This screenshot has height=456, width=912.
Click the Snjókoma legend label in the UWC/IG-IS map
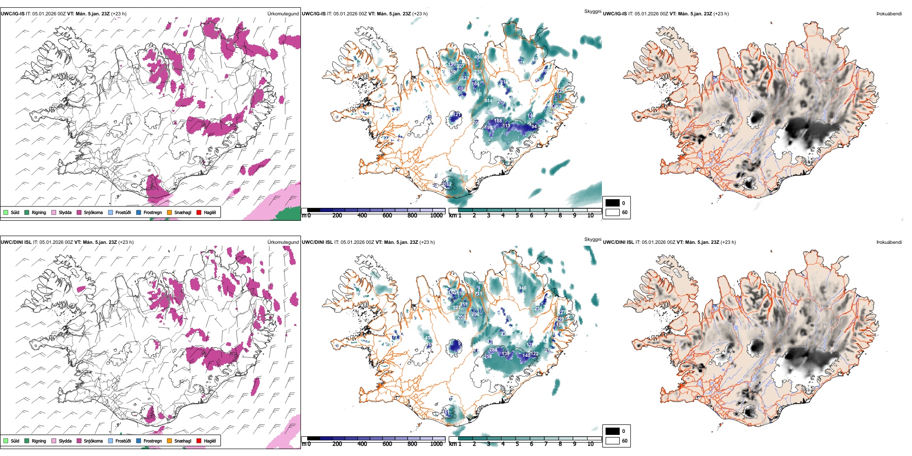coord(93,213)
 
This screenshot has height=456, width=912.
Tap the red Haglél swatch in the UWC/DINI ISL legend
coord(199,441)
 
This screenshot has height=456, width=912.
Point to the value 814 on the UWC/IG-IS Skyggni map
coord(488,101)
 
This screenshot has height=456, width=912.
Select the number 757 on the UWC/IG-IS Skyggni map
coord(478,72)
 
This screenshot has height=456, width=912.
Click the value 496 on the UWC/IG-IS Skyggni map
coord(478,57)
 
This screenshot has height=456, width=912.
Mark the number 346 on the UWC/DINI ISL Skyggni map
coord(522,288)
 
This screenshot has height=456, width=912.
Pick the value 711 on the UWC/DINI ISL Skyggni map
coord(478,294)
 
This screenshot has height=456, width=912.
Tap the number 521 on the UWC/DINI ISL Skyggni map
coord(456,308)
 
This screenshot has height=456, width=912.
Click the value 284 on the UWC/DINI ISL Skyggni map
coord(493,350)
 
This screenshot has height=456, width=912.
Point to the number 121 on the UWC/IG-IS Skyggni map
coord(457,115)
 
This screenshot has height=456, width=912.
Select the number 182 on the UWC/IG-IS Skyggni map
coord(448,184)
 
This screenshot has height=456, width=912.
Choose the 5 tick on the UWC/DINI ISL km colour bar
coord(517,444)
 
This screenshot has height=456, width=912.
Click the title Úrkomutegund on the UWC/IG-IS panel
coord(283,14)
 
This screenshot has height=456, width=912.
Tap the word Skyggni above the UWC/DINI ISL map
coord(592,239)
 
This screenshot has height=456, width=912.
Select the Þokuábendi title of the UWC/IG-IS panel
coord(889,14)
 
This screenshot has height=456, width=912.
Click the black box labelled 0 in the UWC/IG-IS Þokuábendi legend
coord(612,203)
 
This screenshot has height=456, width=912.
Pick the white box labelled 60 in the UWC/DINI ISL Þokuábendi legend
coord(612,441)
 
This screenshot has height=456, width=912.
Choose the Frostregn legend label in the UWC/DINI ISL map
coord(153,441)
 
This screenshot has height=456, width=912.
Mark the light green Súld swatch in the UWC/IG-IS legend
coord(6,213)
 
